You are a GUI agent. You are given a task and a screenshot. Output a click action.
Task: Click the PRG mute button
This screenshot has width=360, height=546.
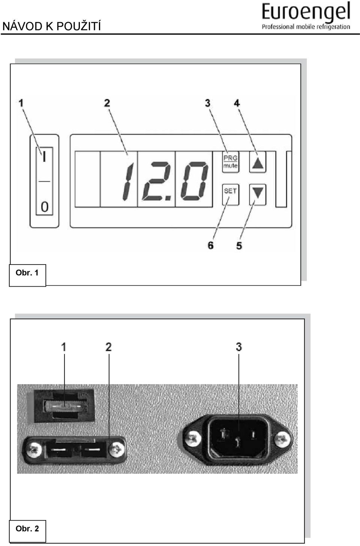pos(230,162)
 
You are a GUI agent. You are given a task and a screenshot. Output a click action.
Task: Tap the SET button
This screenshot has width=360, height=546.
pos(230,194)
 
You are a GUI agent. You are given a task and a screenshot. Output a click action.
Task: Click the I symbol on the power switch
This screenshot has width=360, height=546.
pos(44,156)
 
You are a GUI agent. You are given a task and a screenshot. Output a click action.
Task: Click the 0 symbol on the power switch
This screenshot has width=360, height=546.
pos(45,207)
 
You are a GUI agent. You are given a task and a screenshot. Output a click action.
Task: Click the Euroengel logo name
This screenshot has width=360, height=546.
pos(306,12)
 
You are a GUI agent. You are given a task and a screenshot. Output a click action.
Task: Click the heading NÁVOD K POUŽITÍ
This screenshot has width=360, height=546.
pos(52,26)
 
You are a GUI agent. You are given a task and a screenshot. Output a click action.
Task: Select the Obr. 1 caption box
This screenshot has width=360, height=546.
pos(27,275)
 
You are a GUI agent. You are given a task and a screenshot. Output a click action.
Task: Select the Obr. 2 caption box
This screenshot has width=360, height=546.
pos(27,531)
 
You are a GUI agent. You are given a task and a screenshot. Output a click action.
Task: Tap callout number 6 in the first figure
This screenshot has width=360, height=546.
pos(211,245)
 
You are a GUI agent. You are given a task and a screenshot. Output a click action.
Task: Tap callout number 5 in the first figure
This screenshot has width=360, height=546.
pos(239,246)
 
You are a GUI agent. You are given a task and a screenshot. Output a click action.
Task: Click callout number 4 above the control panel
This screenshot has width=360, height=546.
pos(237,103)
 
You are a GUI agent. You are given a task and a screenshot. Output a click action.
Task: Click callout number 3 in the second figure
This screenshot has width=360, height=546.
pos(239,347)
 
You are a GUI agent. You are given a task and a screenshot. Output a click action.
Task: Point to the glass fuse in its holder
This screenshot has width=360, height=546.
pos(65,406)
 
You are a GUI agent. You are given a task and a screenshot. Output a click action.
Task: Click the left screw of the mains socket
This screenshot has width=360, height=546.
pos(193,439)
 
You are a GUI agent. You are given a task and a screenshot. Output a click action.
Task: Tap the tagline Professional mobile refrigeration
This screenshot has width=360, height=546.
pos(306,27)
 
